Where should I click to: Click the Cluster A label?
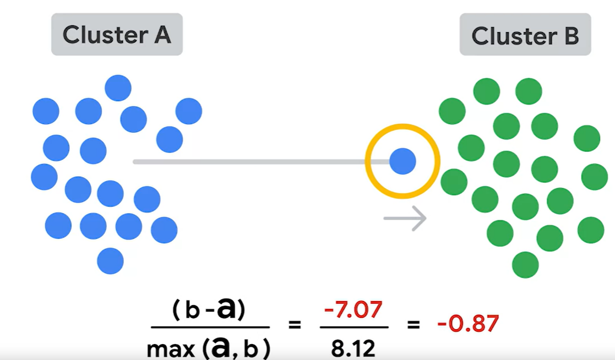[x=117, y=35]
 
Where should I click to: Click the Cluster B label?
[x=525, y=36]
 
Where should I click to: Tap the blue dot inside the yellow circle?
[x=402, y=162]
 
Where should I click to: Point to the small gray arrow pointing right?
[x=405, y=219]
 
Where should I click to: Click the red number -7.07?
[x=353, y=310]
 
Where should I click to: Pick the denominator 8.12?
[x=353, y=347]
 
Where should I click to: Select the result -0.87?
[x=468, y=324]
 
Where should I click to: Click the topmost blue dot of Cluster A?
[x=118, y=88]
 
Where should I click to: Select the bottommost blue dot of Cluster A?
[x=110, y=261]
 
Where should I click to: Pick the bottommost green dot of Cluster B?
[x=525, y=265]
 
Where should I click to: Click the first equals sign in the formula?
[x=295, y=325]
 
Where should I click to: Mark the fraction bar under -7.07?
[x=353, y=327]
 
